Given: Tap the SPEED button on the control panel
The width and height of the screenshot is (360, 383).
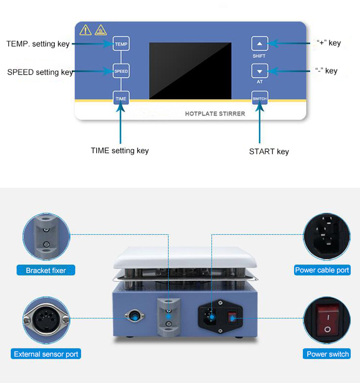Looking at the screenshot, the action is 121,71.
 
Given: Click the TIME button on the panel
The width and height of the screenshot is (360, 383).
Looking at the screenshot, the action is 121,98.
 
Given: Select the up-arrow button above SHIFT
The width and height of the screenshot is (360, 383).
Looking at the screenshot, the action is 260,43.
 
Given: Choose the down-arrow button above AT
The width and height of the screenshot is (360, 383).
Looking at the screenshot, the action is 260,71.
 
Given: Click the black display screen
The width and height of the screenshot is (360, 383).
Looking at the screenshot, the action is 190,71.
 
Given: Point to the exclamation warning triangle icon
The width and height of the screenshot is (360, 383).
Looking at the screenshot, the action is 85,30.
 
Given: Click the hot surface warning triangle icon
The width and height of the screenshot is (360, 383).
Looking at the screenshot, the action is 101,30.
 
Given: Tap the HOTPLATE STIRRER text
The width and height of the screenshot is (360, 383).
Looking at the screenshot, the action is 215,114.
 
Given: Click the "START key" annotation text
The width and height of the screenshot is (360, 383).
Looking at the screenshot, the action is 269,152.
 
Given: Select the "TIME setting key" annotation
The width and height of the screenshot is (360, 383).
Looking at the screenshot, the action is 120,151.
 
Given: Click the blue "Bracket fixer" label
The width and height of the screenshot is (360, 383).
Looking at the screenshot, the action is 46,270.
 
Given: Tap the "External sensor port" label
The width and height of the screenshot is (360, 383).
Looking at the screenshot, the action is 46,354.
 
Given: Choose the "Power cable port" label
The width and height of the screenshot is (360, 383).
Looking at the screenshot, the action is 322,270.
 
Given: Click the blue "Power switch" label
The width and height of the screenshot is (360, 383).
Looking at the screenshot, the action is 326,354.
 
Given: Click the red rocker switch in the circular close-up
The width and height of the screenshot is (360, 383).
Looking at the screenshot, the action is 328,320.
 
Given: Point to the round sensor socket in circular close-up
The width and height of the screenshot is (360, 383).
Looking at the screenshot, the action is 46,320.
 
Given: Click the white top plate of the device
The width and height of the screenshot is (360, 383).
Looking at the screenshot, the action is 185,258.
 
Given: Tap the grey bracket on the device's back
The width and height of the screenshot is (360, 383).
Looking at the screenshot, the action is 169,317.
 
